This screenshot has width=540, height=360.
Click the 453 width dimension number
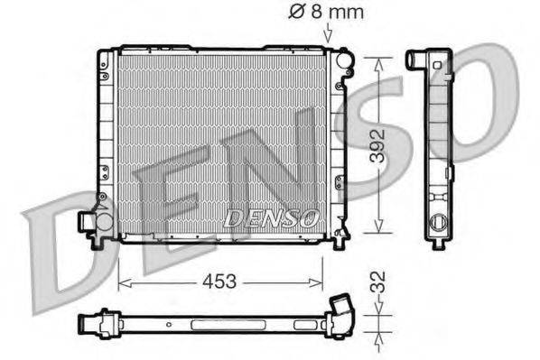tap(220, 282)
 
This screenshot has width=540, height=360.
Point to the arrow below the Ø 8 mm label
tap(328, 33)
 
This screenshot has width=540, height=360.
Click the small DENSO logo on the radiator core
tap(270, 217)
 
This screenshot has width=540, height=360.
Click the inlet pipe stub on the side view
tap(417, 60)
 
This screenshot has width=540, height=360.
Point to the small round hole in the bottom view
tap(168, 322)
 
